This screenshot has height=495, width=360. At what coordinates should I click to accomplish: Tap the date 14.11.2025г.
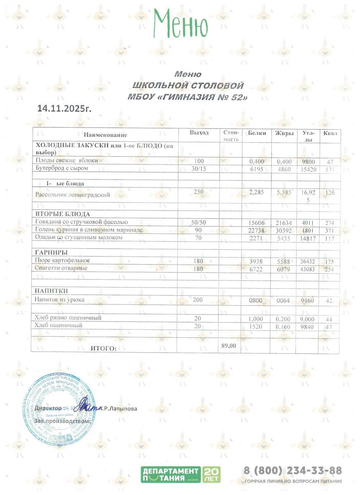point(64,108)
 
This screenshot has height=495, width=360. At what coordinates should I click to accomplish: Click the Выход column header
point(199,133)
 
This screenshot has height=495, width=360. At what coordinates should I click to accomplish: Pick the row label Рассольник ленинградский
point(73,195)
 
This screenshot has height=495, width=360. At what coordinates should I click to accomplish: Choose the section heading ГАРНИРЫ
point(51,252)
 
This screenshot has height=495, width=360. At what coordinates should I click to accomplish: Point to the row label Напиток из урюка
point(60,300)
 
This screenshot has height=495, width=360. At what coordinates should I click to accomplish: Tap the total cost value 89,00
point(228,346)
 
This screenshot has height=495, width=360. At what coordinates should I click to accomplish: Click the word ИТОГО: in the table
point(104,349)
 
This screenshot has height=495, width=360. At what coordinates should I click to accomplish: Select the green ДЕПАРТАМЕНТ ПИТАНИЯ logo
point(170,474)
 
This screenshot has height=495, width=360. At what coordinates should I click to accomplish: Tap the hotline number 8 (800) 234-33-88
point(292,471)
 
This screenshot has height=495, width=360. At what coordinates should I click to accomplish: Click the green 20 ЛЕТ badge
point(212,474)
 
